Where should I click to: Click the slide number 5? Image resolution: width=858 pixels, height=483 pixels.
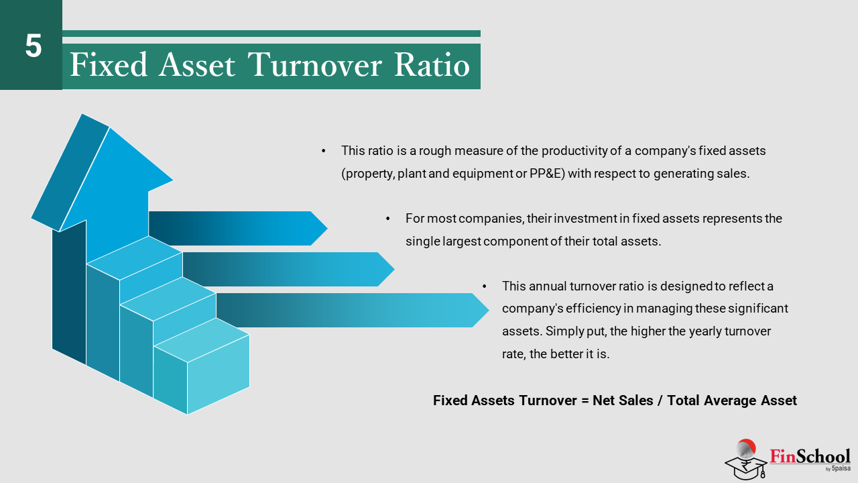click(x=34, y=46)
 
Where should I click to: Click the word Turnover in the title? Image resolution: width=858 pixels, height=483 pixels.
click(x=315, y=64)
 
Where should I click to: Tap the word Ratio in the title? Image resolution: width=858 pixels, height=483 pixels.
click(x=432, y=64)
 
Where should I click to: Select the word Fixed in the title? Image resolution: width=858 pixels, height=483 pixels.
click(x=109, y=64)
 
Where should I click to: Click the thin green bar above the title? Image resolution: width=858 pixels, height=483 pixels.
click(x=271, y=34)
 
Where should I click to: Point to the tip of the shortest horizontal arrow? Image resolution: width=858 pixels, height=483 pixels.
click(x=327, y=229)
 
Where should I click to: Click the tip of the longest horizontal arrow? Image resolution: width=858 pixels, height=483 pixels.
click(x=489, y=310)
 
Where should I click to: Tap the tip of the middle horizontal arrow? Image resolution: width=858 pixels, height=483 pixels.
click(x=394, y=269)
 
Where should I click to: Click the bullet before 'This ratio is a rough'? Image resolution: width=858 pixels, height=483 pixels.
click(x=324, y=151)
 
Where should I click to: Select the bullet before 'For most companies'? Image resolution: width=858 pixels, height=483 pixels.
click(x=388, y=219)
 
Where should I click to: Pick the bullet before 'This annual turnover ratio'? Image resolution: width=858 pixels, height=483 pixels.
click(x=485, y=286)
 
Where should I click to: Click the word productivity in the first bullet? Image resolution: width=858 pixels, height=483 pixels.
click(x=574, y=151)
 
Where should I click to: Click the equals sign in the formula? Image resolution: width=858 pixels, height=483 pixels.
click(x=585, y=401)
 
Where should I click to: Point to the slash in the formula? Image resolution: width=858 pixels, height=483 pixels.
click(x=660, y=400)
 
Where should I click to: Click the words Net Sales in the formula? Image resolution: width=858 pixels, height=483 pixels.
click(x=623, y=400)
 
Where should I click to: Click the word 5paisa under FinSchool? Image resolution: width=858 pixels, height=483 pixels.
click(x=841, y=468)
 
